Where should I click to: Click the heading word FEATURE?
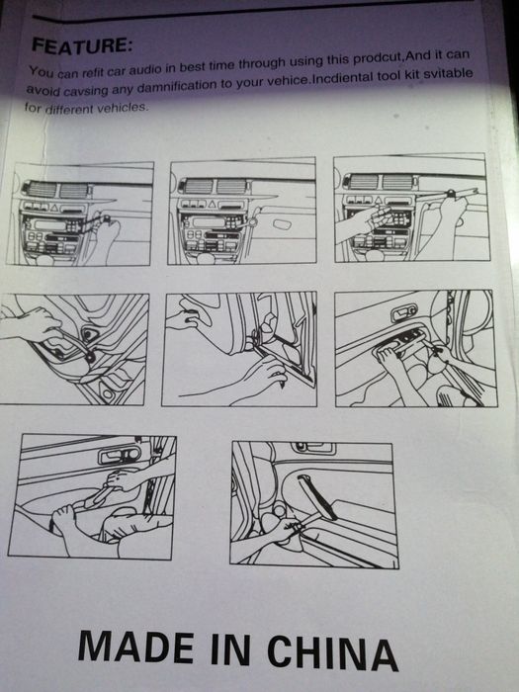[x=82, y=45]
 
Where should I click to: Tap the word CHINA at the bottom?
[x=333, y=653]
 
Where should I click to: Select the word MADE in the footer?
[x=136, y=647]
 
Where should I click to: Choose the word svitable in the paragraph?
[x=448, y=73]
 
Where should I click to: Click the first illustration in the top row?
[x=80, y=214]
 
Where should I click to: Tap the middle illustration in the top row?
[x=242, y=211]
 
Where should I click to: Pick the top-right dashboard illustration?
[x=411, y=208]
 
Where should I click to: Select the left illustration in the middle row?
[x=73, y=349]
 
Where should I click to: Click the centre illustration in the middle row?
[x=239, y=348]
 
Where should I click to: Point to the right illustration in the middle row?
[x=416, y=348]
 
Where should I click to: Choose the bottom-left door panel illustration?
[x=92, y=497]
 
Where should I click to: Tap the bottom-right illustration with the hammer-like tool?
[x=314, y=504]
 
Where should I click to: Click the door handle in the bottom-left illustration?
[x=120, y=455]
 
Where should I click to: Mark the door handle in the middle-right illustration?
[x=403, y=313]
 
